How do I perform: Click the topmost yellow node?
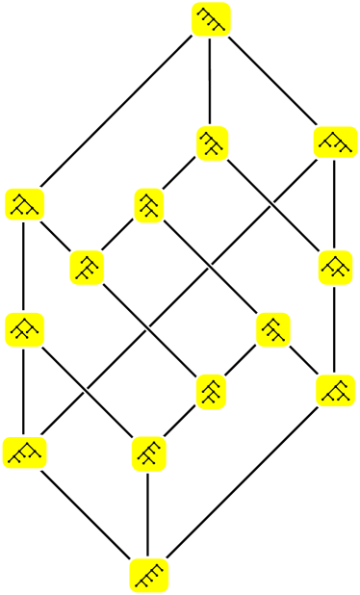(211, 19)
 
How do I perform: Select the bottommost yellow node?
(149, 576)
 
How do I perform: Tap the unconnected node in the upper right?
(335, 142)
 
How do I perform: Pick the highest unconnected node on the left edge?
(25, 204)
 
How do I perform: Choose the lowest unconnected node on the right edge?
(335, 390)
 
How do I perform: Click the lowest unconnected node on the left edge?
(25, 453)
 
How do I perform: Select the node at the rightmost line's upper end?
(212, 142)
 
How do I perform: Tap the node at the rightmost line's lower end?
(335, 267)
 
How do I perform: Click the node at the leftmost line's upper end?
(25, 328)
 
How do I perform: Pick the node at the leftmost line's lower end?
(149, 453)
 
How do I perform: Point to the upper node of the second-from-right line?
(149, 205)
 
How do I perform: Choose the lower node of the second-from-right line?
(273, 328)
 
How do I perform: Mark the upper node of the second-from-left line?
(87, 267)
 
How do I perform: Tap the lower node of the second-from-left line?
(212, 391)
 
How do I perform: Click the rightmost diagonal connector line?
(273, 204)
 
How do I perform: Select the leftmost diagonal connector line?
(87, 390)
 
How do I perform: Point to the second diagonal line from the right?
(211, 267)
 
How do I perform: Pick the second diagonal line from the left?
(149, 328)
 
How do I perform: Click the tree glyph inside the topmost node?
(211, 19)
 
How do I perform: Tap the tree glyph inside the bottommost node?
(149, 576)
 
